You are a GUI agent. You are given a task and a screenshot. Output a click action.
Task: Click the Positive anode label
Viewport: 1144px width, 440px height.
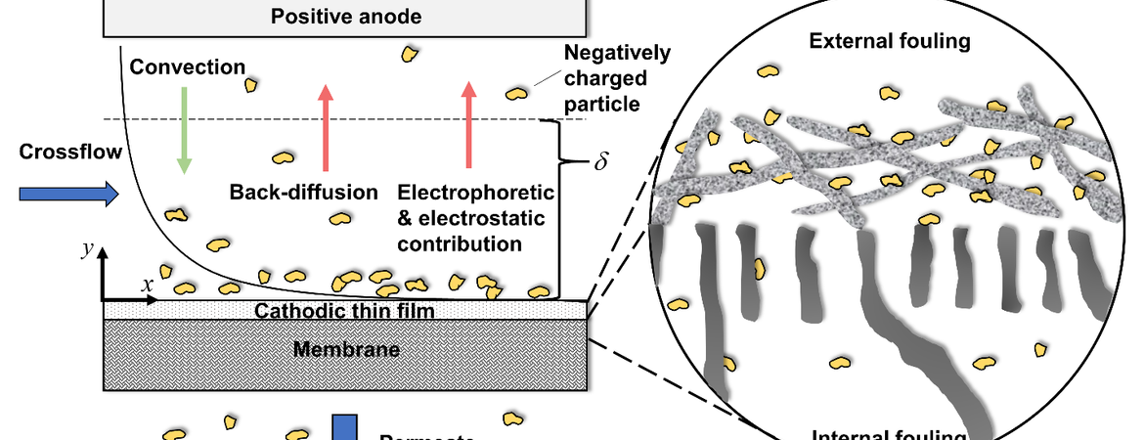coord(346,16)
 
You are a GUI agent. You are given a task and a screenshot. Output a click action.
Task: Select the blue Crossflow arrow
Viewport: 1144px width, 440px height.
coord(68,195)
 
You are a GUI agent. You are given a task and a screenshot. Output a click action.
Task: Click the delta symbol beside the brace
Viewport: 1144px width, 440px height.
coord(600,162)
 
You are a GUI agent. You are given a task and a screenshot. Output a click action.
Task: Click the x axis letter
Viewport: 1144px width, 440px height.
coord(148,284)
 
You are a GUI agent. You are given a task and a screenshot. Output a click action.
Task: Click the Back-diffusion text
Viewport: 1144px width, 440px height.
coord(304,192)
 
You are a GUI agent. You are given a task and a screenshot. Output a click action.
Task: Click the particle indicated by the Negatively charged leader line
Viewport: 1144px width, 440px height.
coord(516,93)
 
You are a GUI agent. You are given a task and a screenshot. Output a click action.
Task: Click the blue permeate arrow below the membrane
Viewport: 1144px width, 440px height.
coord(343,428)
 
